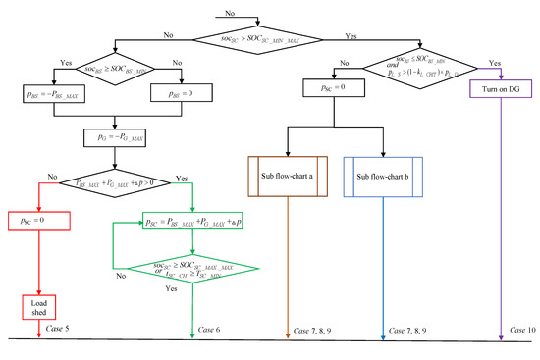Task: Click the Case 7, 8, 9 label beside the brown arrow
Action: click(315, 333)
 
